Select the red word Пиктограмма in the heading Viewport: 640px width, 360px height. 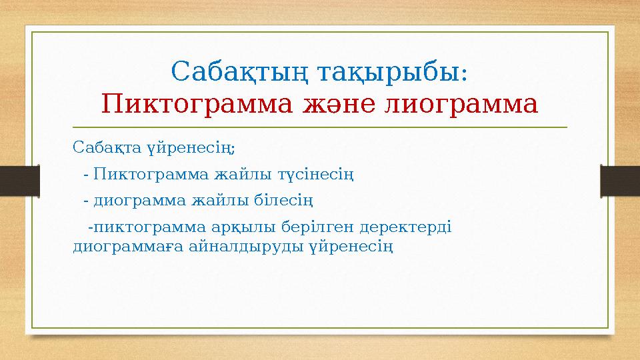[x=181, y=104]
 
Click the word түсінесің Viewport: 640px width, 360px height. [x=316, y=175]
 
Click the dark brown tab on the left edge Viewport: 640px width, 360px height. [x=12, y=180]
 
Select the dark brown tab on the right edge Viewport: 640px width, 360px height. [x=621, y=180]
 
